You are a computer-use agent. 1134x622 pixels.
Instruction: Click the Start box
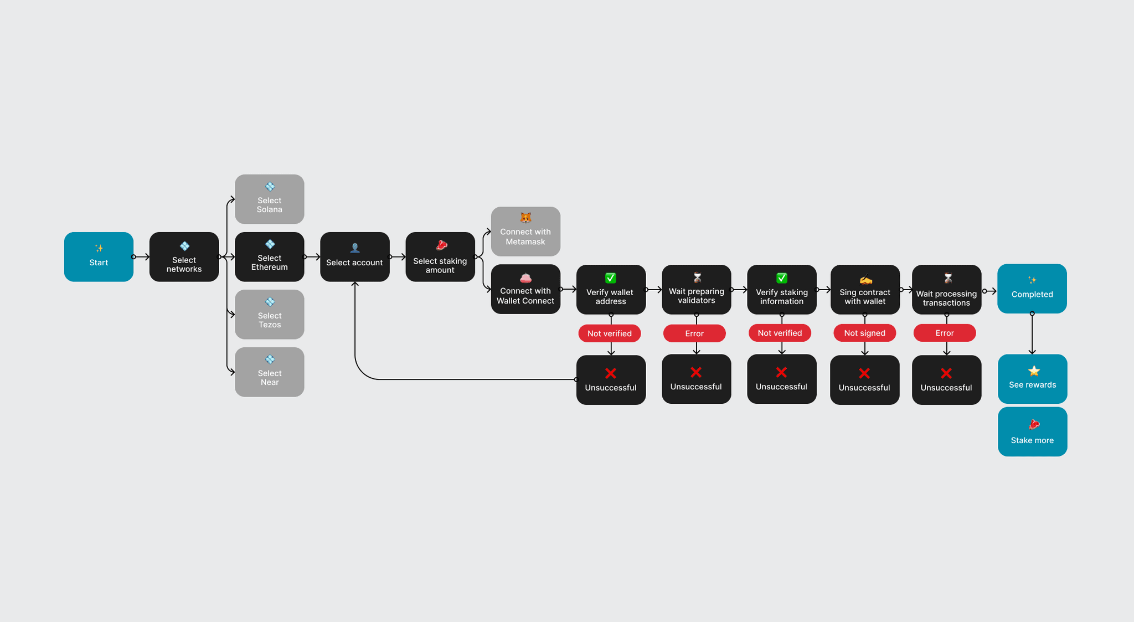click(99, 256)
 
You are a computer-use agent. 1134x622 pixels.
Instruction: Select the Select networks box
click(184, 256)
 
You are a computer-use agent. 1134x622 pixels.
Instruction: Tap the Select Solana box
click(269, 199)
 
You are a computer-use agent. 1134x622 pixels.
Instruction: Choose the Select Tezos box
click(269, 314)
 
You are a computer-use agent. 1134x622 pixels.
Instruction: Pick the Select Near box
click(269, 372)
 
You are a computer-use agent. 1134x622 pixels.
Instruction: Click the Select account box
click(354, 256)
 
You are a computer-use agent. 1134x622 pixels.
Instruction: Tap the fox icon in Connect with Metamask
click(525, 218)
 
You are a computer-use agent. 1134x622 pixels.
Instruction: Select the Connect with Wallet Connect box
click(525, 289)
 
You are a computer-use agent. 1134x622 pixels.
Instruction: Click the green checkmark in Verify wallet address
click(610, 278)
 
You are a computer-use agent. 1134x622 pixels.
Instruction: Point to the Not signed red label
click(864, 333)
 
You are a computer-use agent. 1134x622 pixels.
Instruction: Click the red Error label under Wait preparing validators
click(694, 333)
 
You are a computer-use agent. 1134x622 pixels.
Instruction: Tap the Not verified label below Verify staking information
click(780, 333)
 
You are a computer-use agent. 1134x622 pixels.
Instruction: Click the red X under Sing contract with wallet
click(864, 373)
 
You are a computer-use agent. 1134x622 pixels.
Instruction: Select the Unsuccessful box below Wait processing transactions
click(946, 380)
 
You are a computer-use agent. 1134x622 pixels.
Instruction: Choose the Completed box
click(1032, 289)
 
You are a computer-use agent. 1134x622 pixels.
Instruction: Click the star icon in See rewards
click(1034, 371)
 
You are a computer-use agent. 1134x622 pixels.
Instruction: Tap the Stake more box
click(1032, 431)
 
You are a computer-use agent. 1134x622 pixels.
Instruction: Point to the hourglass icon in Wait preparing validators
click(697, 277)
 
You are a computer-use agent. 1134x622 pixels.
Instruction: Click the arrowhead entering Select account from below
click(355, 285)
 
